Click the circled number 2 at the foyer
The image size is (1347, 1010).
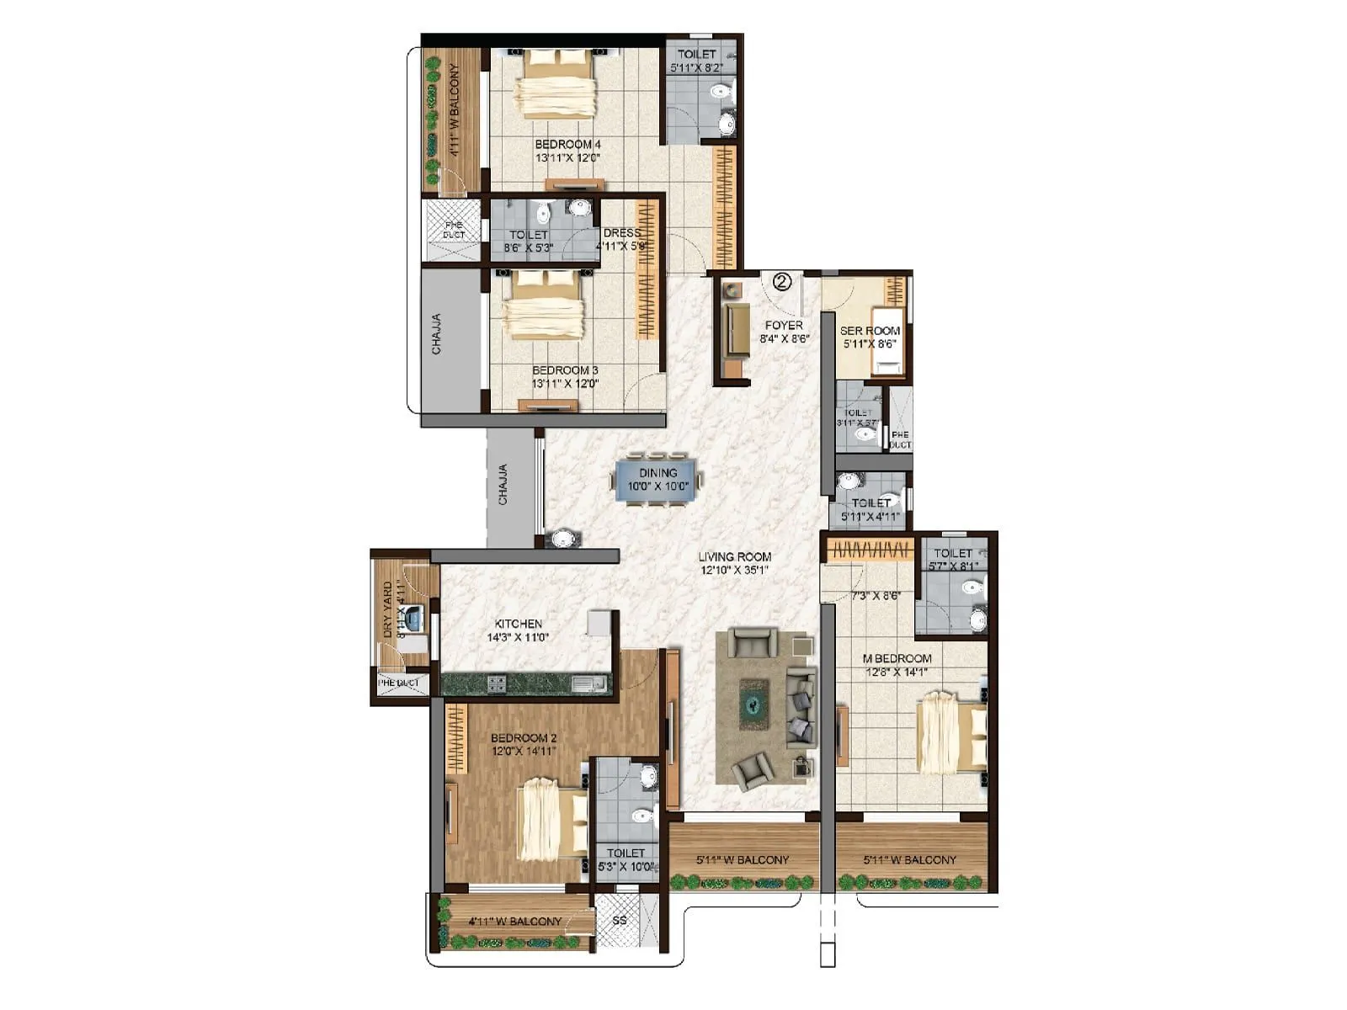point(782,282)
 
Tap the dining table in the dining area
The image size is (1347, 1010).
point(658,480)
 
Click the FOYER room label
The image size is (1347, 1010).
point(783,325)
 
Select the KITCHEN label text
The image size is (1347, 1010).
point(518,624)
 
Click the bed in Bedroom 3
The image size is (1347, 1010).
point(544,306)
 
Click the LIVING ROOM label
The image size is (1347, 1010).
point(734,556)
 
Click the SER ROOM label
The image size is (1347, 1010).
point(870,331)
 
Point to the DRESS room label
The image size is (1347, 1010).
point(622,233)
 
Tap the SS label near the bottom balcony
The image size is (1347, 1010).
point(620,920)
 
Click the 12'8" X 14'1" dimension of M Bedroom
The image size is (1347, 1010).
point(897,672)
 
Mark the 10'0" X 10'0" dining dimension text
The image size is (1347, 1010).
point(658,486)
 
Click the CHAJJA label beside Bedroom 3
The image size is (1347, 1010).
point(436,333)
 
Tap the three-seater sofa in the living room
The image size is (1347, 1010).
point(801,705)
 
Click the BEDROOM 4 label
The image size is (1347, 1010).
point(567,144)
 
